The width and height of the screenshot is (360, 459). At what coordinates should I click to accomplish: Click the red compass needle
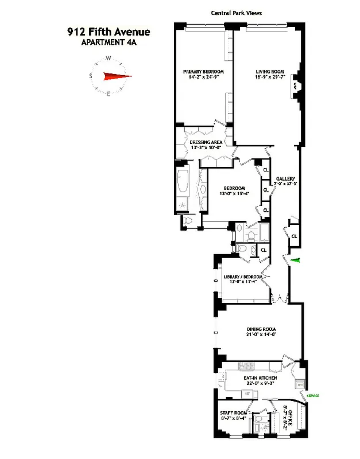pyautogui.click(x=117, y=76)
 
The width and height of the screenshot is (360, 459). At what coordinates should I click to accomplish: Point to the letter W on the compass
pyautogui.click(x=108, y=58)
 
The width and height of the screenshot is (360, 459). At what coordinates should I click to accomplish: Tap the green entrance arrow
pyautogui.click(x=295, y=261)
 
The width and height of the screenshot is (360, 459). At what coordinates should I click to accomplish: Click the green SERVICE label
pyautogui.click(x=313, y=396)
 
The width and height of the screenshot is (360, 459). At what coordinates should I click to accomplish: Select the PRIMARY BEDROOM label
pyautogui.click(x=203, y=72)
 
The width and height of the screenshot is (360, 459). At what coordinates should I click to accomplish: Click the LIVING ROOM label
pyautogui.click(x=270, y=72)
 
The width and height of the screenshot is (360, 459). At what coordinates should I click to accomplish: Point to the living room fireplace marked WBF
pyautogui.click(x=297, y=87)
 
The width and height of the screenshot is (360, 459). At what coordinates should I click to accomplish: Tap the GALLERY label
pyautogui.click(x=285, y=178)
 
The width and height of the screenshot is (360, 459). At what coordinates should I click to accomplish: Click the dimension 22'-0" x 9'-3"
pyautogui.click(x=260, y=384)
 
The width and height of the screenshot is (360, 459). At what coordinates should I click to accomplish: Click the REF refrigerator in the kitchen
pyautogui.click(x=247, y=394)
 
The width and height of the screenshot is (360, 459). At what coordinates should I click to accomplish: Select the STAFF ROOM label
pyautogui.click(x=233, y=413)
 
